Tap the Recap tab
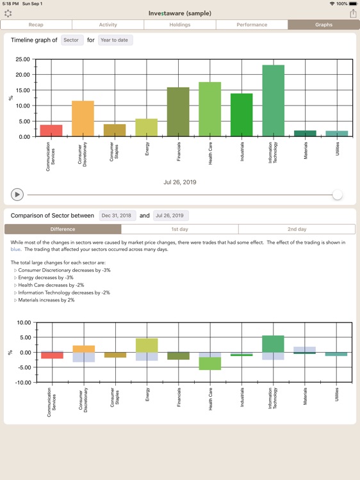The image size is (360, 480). coord(36,25)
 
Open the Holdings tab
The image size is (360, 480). coord(180,25)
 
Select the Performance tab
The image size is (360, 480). coord(252,25)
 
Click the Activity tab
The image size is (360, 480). coord(108,25)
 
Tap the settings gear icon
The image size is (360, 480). coord(8,13)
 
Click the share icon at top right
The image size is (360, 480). coord(352,13)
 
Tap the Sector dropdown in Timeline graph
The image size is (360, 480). coord(71,40)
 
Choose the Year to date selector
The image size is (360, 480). coord(115,40)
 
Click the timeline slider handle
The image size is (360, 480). coord(337,195)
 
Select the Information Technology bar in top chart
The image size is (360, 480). coord(274,100)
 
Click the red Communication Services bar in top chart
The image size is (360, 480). coord(51,131)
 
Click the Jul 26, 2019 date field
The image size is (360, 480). coord(171,216)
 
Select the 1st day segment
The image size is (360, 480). coord(179,229)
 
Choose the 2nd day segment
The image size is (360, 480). coord(297,229)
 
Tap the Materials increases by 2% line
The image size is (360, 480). coord(46,300)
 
